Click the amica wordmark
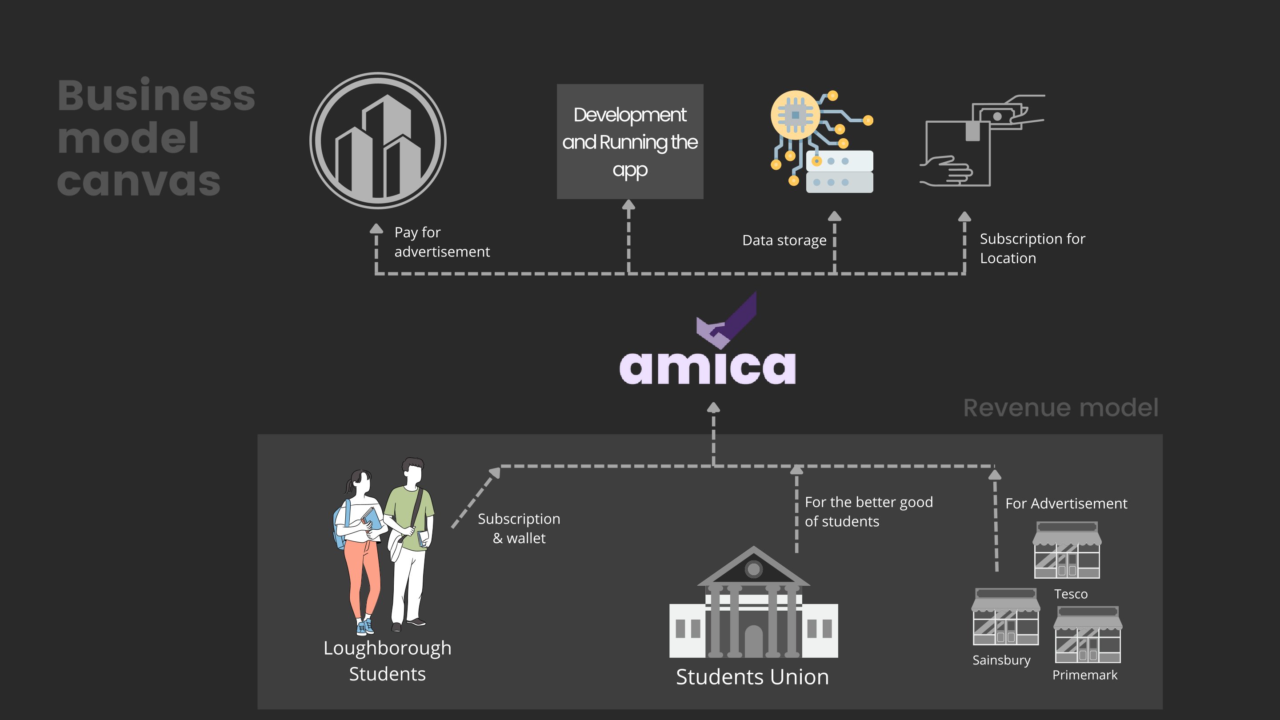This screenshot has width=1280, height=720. click(707, 368)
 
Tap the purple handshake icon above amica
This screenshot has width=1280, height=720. click(727, 322)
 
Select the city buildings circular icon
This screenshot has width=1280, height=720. click(378, 140)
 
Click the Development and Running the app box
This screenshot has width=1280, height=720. click(630, 142)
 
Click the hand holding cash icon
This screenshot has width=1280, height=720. click(981, 140)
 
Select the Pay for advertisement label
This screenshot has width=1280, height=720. click(441, 242)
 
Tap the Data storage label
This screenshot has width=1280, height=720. click(784, 240)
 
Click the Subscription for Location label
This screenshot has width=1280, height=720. click(1032, 248)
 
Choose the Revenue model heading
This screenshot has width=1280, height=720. click(1060, 408)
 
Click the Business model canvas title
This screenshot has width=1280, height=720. click(156, 138)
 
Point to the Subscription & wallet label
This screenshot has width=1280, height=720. click(519, 528)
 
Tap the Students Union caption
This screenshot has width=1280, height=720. click(752, 677)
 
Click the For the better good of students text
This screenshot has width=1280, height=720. click(868, 512)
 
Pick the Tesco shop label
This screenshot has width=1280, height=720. click(1071, 594)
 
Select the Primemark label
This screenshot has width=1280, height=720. click(1085, 675)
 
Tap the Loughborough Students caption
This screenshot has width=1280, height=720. click(387, 661)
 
